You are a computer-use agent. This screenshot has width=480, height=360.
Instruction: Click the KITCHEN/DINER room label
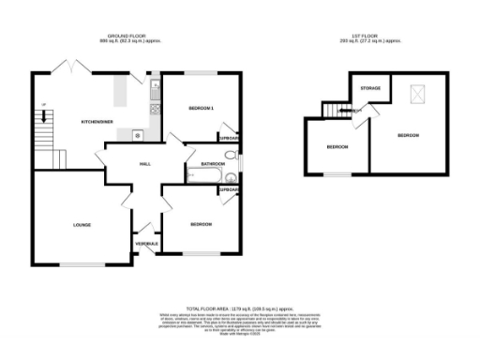[x=97, y=122]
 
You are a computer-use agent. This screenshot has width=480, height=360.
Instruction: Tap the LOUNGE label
[x=82, y=225]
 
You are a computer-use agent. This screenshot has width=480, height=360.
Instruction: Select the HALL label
[x=145, y=163]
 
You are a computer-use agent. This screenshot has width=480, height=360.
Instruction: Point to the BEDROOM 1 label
[x=202, y=109]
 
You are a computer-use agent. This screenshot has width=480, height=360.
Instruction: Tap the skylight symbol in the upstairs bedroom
[x=415, y=94]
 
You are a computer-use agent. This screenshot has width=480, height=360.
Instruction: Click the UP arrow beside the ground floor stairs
[x=41, y=116]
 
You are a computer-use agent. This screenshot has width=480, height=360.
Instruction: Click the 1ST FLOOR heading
[x=373, y=37]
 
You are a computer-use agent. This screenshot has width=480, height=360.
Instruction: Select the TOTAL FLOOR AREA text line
[x=240, y=307]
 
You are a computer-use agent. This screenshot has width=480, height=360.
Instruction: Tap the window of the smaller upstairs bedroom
[x=337, y=174]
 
